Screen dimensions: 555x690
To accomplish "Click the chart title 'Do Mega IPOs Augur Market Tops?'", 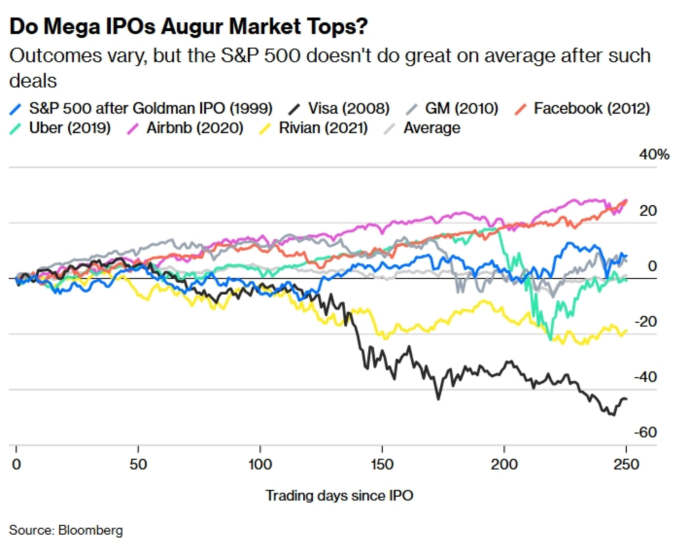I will point(188,27).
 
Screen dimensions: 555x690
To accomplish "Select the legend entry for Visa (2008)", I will point(348,108).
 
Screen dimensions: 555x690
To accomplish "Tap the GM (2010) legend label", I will point(461,108).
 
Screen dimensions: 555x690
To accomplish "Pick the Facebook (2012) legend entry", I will point(591,108).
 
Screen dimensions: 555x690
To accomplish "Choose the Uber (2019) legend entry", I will point(70,128).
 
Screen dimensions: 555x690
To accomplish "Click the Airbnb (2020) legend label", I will point(195,128).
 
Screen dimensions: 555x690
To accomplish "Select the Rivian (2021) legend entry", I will point(323,128).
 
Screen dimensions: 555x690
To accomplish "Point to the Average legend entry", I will point(432,128).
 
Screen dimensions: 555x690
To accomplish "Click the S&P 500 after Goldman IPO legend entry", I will point(150,108).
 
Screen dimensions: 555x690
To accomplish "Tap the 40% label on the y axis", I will point(654,154).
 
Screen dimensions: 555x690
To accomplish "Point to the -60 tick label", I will point(645,432).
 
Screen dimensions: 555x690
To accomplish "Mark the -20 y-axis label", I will point(645,322).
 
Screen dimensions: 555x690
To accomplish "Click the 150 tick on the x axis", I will point(382,465).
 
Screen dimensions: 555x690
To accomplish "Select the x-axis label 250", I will point(626,465).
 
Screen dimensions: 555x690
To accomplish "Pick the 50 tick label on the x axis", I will point(138,465).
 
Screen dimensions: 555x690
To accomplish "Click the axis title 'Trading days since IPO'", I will point(339,496).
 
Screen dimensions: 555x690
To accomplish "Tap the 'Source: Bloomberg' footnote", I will point(66,530).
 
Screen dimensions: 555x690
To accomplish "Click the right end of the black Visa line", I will point(627,399).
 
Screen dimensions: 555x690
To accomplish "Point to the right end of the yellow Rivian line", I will point(627,331).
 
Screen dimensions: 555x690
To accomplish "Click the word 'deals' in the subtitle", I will point(33,81).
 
